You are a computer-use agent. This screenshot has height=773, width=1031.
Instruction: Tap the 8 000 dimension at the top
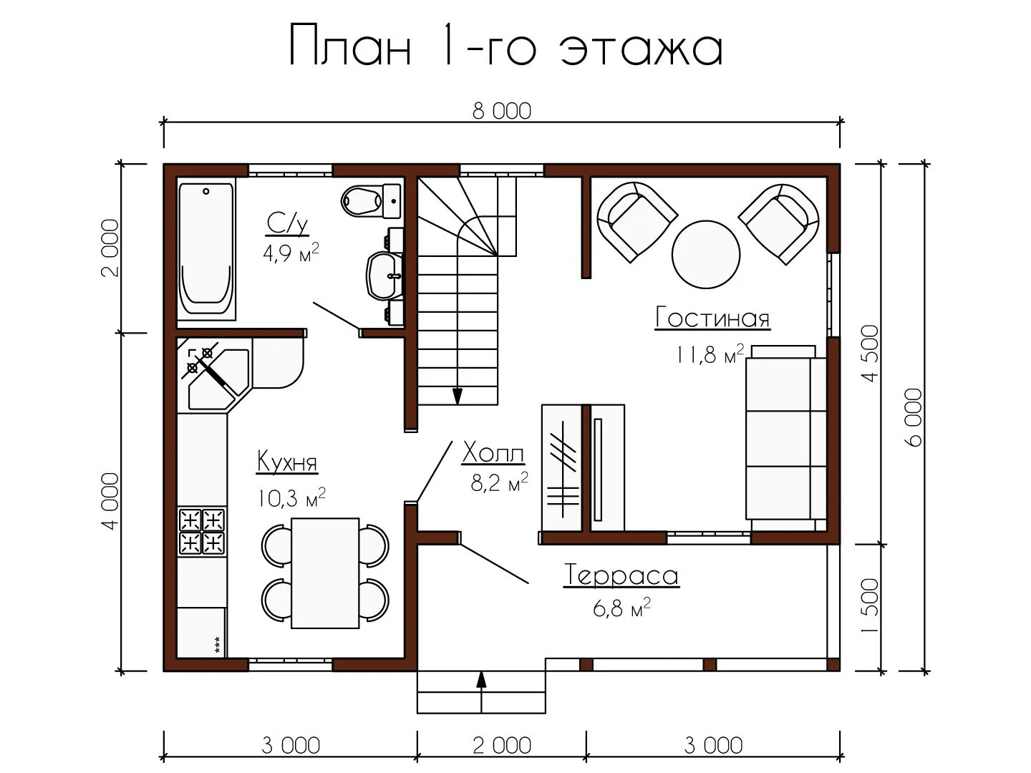click(502, 112)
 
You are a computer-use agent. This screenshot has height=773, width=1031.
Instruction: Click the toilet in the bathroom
click(371, 201)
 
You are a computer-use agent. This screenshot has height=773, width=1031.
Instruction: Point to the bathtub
click(206, 250)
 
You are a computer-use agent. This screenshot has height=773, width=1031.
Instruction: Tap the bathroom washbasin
click(385, 276)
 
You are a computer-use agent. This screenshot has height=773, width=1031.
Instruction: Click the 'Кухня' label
click(287, 462)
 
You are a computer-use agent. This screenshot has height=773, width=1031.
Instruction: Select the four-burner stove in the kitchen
click(202, 533)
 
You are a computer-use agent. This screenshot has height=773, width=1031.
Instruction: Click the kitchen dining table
click(325, 573)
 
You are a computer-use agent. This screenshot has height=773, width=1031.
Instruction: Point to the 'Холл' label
click(493, 453)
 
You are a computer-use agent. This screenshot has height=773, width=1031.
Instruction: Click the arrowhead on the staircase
click(457, 397)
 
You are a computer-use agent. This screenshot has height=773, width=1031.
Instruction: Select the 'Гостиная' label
click(712, 318)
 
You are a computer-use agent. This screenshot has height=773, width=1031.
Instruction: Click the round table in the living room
click(706, 254)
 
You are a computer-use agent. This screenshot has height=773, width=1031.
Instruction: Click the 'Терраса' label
click(621, 575)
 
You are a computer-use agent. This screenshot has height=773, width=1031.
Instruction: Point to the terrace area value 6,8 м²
click(621, 608)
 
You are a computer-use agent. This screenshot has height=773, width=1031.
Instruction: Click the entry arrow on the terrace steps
click(481, 693)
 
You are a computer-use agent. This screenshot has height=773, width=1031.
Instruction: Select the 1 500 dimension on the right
click(870, 606)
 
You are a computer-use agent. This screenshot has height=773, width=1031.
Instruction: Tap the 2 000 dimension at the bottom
click(502, 745)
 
